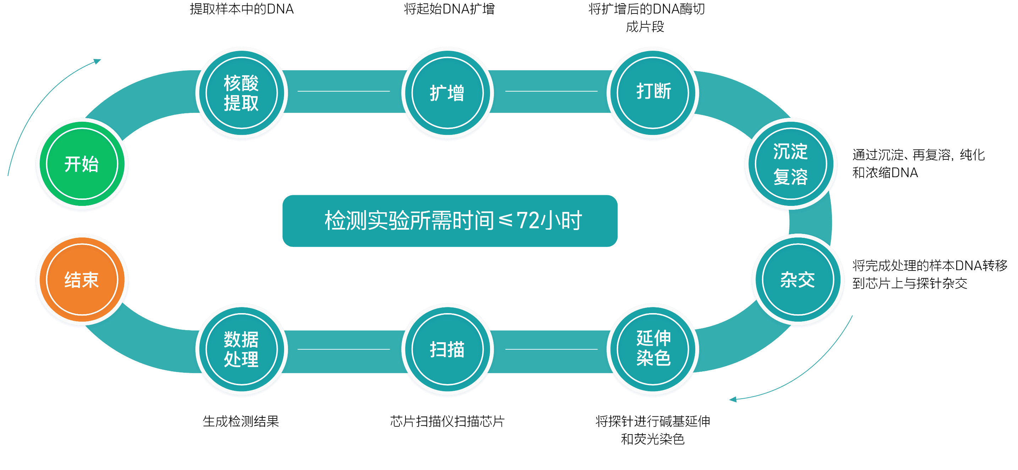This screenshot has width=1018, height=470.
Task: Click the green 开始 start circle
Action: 82,164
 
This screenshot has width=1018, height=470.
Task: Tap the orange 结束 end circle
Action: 82,280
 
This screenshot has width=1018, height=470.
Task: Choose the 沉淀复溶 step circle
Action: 791,164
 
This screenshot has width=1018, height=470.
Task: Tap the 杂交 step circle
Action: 798,280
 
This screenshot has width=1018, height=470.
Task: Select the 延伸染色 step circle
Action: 653,349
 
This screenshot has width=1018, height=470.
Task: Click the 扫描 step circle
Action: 447,349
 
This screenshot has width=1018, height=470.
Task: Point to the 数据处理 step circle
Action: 241,349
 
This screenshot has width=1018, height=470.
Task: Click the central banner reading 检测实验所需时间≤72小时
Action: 450,221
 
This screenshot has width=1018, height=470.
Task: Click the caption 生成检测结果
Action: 241,421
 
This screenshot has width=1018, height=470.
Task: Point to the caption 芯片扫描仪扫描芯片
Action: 447,421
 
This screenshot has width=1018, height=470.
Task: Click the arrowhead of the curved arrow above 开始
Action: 98,61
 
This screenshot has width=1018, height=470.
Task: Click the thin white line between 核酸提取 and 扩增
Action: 343,91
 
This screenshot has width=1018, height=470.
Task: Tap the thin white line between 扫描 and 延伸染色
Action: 551,349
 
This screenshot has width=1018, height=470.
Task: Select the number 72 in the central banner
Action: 528,220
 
